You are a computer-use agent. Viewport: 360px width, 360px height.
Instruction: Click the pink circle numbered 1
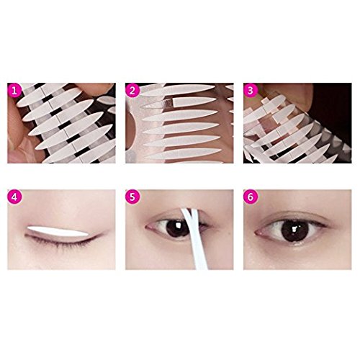[14, 91]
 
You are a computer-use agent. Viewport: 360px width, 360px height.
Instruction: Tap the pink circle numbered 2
[132, 91]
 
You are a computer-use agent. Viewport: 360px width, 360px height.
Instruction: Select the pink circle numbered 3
[251, 91]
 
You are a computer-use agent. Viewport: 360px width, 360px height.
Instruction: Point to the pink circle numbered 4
[14, 197]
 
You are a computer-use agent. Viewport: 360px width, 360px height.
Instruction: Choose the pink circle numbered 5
[132, 197]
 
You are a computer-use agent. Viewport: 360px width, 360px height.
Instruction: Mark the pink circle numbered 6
[251, 197]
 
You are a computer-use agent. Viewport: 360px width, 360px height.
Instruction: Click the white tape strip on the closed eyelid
[58, 231]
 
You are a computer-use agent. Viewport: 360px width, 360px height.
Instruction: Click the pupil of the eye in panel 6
[295, 230]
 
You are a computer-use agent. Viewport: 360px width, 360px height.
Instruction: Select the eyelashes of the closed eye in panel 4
[60, 241]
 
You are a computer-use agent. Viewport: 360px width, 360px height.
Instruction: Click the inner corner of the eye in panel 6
[257, 233]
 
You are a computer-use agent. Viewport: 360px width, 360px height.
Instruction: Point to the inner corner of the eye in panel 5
[148, 226]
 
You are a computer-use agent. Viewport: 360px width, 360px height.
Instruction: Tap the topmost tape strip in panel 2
[178, 89]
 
